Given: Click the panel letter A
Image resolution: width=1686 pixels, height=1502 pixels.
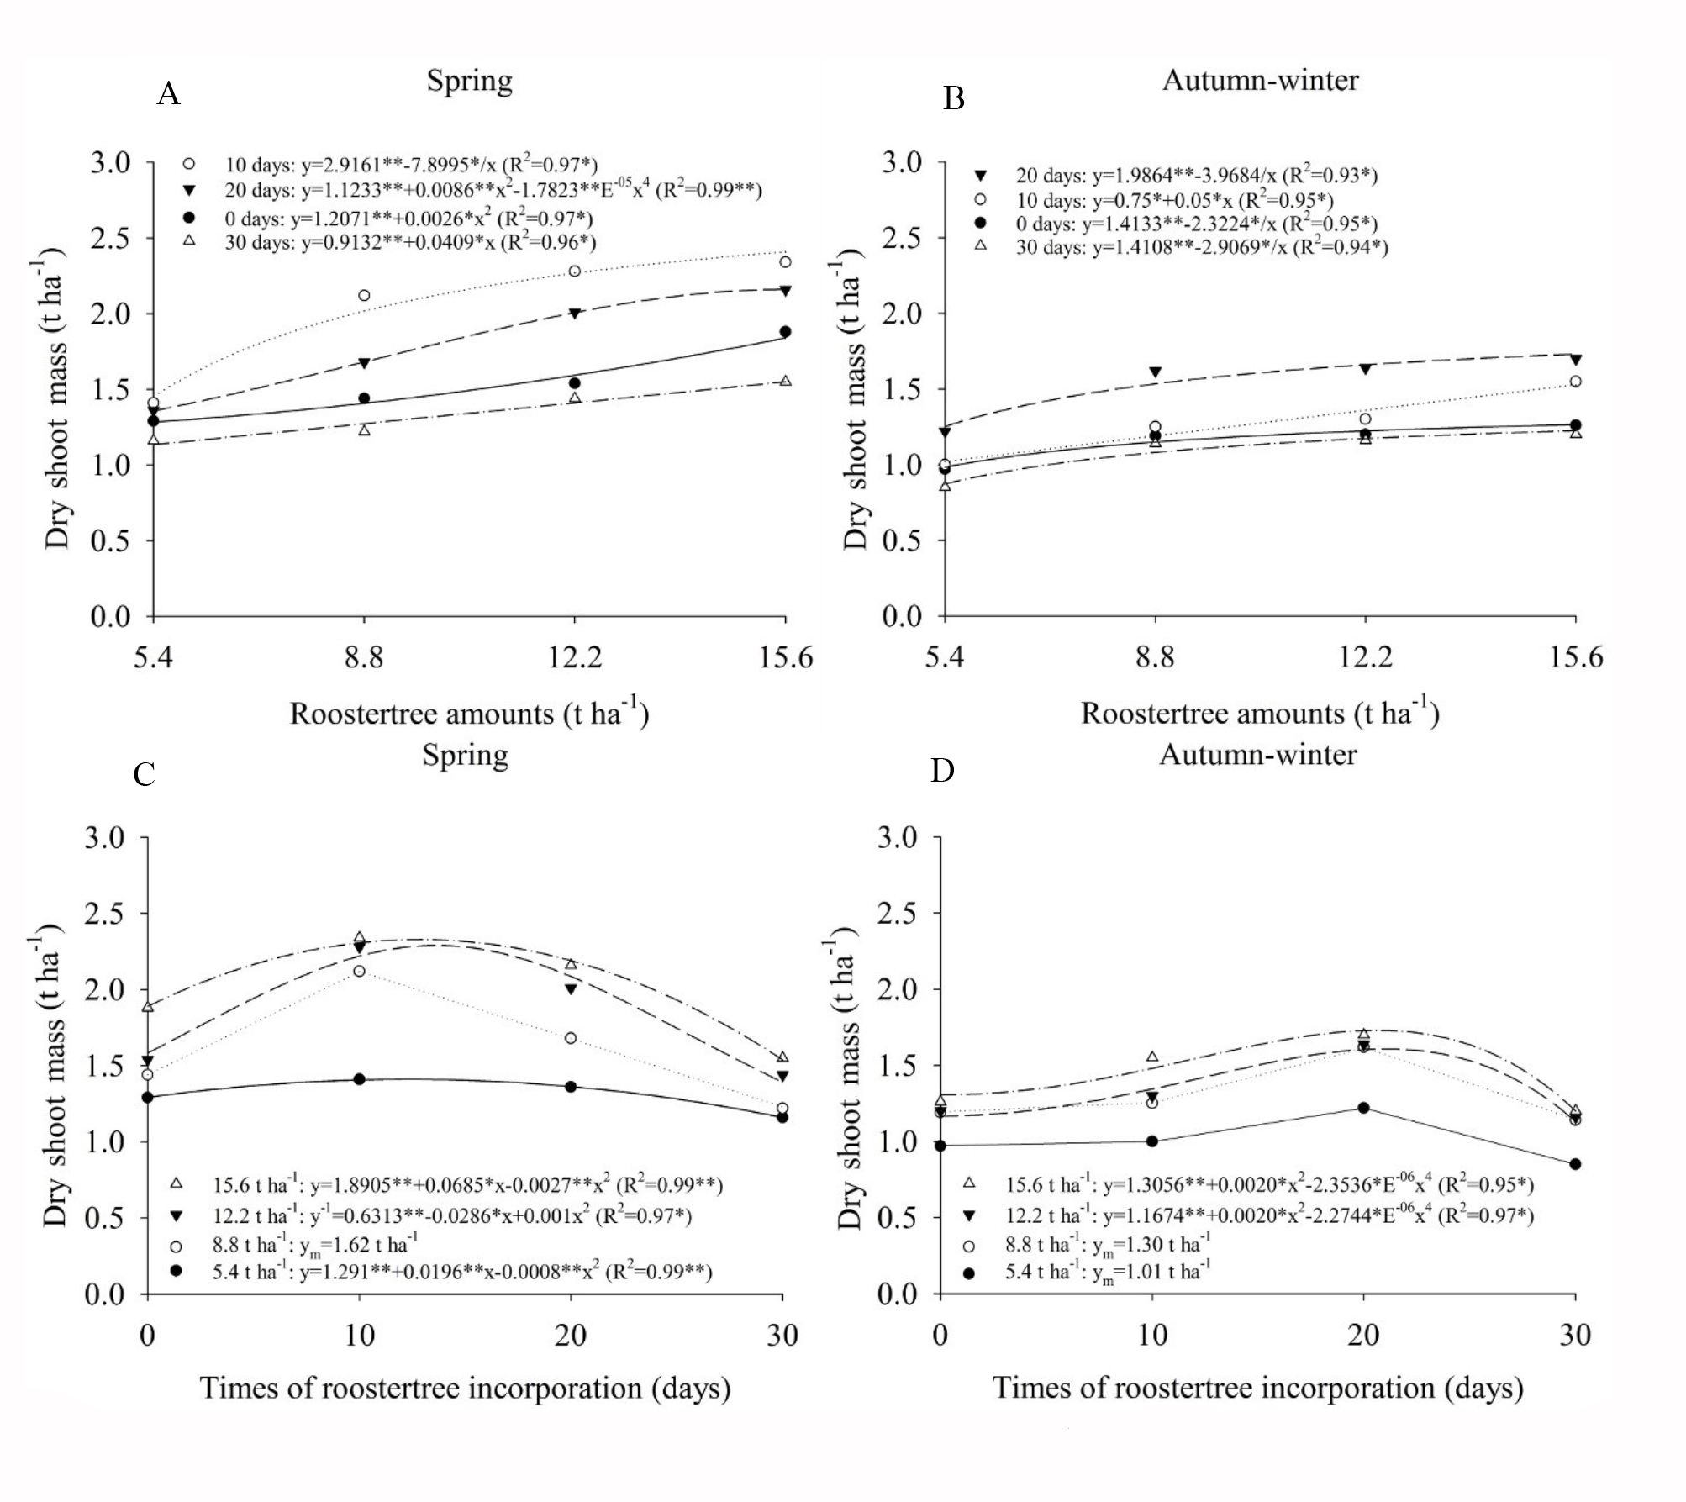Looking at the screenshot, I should pyautogui.click(x=168, y=93).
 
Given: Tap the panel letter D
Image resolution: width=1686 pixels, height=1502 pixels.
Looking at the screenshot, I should pyautogui.click(x=942, y=770).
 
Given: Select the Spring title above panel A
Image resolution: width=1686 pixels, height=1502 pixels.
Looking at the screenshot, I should pyautogui.click(x=469, y=82).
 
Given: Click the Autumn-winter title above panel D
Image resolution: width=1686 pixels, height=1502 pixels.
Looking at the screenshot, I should pyautogui.click(x=1257, y=755).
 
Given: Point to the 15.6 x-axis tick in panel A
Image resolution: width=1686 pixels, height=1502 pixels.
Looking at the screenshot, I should pyautogui.click(x=786, y=656).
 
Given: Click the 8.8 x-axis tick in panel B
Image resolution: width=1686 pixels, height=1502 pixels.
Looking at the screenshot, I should pyautogui.click(x=1155, y=656).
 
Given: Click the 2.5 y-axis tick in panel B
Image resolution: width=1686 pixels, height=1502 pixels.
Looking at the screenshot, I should pyautogui.click(x=901, y=238).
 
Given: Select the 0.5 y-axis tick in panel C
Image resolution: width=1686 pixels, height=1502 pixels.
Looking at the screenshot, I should pyautogui.click(x=104, y=1218).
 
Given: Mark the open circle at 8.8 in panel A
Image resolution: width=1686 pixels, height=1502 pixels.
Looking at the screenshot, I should pyautogui.click(x=364, y=295).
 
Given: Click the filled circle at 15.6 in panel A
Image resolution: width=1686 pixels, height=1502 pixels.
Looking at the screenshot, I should pyautogui.click(x=785, y=332).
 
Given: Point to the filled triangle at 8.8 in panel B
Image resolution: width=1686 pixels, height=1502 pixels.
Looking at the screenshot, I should pyautogui.click(x=1155, y=372).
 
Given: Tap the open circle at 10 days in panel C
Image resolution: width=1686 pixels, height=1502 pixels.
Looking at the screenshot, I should pyautogui.click(x=360, y=971).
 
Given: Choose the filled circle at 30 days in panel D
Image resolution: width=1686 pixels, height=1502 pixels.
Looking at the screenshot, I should pyautogui.click(x=1575, y=1164).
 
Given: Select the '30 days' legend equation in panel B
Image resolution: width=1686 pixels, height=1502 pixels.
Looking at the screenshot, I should pyautogui.click(x=1201, y=247).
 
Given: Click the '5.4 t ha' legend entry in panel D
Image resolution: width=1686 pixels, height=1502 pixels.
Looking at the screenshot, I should pyautogui.click(x=1108, y=1273).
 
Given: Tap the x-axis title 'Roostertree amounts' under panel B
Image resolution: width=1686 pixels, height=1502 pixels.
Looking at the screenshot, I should pyautogui.click(x=1260, y=714).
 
